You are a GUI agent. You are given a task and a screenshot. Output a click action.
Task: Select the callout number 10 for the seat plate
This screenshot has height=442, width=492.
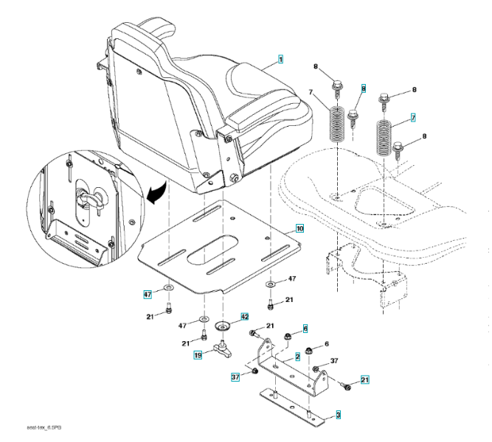pyautogui.click(x=299, y=228)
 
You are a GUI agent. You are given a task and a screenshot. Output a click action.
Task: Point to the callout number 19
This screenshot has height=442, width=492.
pyautogui.click(x=198, y=355)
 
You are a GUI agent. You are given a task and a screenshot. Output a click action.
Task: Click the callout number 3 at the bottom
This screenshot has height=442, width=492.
pyautogui.click(x=338, y=415)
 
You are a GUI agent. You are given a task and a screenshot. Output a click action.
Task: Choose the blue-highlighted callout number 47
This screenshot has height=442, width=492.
pyautogui.click(x=147, y=294)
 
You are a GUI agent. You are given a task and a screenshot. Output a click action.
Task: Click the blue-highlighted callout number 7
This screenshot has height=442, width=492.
pyautogui.click(x=413, y=117)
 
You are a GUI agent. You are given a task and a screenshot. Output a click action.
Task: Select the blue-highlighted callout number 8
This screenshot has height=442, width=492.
pyautogui.click(x=363, y=88)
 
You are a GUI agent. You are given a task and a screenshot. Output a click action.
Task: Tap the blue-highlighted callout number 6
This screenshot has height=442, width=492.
pyautogui.click(x=305, y=329)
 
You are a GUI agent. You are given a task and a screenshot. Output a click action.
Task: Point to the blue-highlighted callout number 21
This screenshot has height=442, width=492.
pyautogui.click(x=364, y=379)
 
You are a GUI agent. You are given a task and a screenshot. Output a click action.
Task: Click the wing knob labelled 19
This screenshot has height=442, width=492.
pyautogui.click(x=222, y=347)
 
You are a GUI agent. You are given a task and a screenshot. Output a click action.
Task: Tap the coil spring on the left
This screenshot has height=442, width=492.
pyautogui.click(x=337, y=124)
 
